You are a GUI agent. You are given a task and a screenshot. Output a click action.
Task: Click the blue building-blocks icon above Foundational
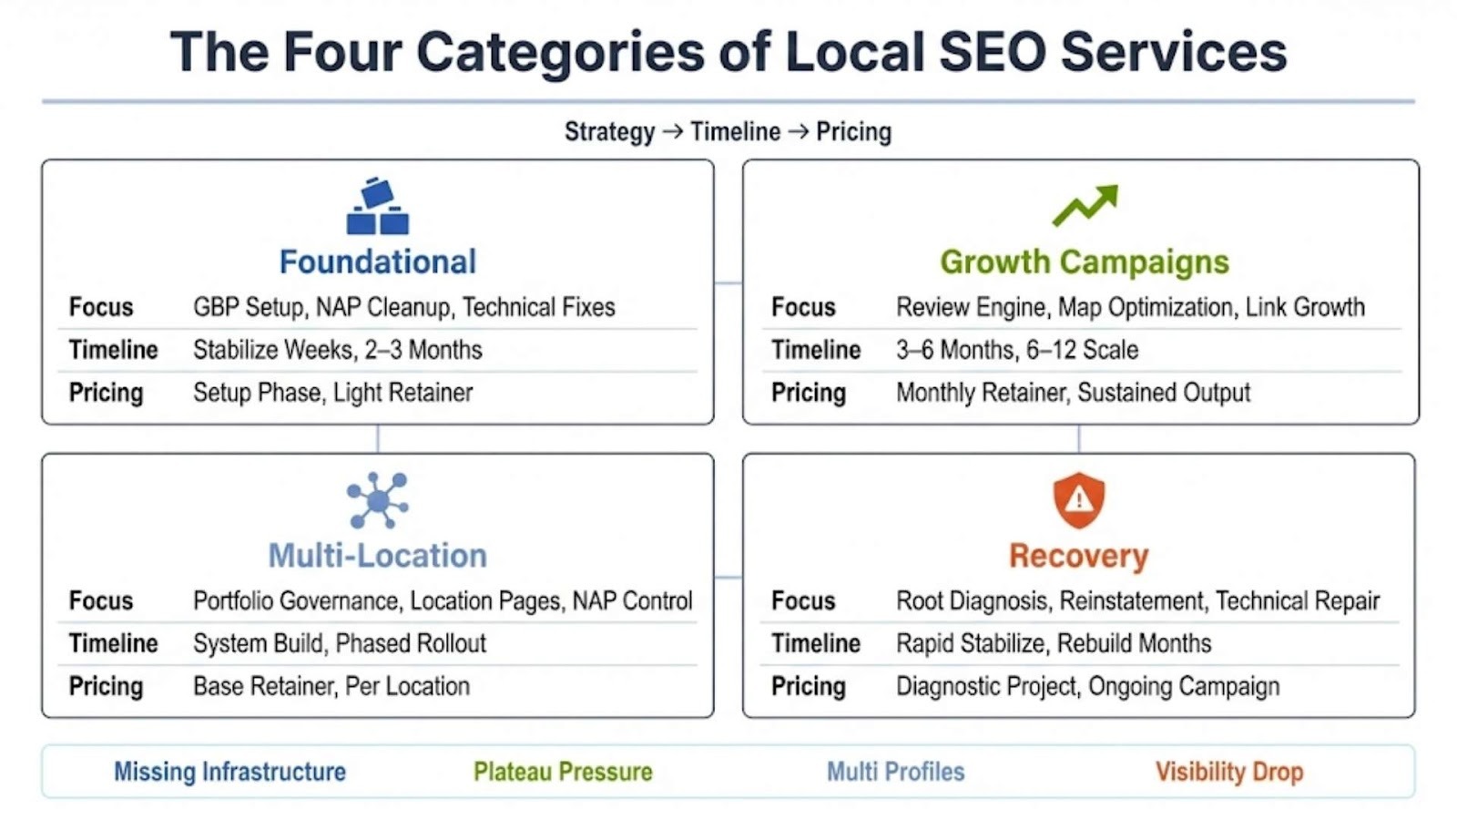[378, 206]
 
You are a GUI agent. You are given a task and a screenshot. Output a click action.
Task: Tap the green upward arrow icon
[1085, 205]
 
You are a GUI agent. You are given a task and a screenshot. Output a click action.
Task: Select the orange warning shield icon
[1079, 500]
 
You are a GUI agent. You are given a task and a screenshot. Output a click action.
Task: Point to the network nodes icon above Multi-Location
[378, 500]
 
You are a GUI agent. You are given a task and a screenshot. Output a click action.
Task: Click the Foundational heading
[378, 261]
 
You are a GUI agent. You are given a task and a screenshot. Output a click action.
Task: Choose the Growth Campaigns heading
[1085, 262]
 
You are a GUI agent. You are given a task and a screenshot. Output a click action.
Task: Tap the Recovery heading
[1079, 557]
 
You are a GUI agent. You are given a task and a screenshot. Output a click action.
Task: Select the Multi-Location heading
[378, 556]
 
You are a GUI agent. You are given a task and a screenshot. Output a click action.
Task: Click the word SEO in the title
[993, 52]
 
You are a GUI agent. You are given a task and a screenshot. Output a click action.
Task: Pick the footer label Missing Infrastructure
[230, 772]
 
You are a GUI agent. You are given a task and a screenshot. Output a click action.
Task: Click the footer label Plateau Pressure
[564, 772]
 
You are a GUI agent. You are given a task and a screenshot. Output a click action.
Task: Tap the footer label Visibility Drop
[1229, 772]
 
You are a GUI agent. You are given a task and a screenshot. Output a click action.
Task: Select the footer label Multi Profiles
[896, 772]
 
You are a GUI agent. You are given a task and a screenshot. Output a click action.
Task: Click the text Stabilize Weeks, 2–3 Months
[338, 350]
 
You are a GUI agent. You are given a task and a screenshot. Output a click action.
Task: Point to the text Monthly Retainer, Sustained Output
[1074, 393]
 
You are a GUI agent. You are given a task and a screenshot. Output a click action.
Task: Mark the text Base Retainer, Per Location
[331, 687]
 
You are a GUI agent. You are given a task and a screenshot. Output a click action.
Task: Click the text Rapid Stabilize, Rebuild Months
[1054, 643]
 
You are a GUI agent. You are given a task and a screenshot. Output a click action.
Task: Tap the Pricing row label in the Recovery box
[809, 687]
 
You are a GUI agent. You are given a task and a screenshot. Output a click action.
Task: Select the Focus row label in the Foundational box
[101, 307]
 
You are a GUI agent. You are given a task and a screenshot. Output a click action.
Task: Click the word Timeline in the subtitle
[735, 132]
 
